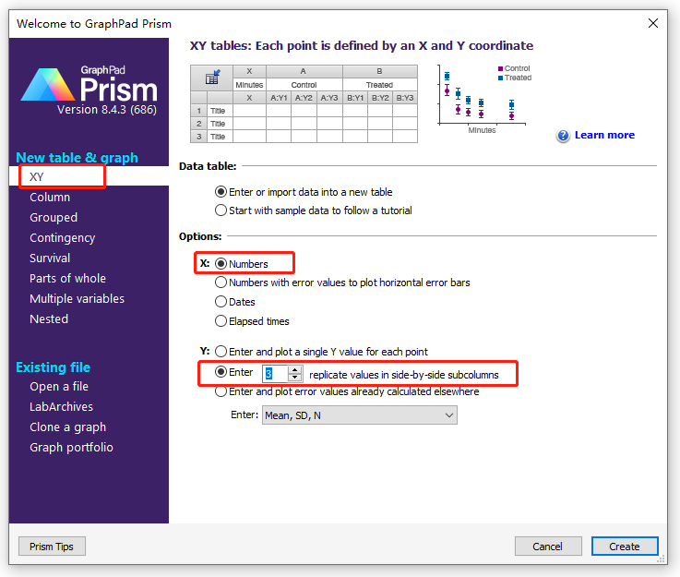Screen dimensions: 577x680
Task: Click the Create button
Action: (624, 547)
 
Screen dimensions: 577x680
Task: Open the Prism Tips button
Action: (52, 547)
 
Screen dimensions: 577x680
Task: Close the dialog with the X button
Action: (653, 23)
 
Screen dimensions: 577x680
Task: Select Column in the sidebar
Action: (50, 197)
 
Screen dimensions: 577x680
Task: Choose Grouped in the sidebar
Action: (54, 217)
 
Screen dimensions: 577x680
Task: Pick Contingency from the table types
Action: (62, 237)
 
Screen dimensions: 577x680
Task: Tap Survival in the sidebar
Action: (50, 258)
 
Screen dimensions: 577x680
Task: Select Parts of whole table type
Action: (67, 278)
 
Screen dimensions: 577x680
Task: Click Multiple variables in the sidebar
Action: (77, 298)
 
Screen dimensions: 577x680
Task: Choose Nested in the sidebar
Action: (49, 319)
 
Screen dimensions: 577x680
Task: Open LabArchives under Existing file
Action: (61, 406)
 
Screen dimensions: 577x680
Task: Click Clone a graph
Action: (67, 427)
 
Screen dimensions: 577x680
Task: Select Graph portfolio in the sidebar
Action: (71, 447)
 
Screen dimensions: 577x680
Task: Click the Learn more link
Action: (604, 135)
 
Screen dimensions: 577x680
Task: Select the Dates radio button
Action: (221, 302)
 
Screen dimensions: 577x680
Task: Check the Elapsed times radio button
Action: (221, 321)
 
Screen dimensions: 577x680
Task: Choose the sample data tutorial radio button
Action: (221, 210)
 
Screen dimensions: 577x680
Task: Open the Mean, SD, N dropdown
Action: (359, 415)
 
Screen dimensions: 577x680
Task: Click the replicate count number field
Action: (275, 373)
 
